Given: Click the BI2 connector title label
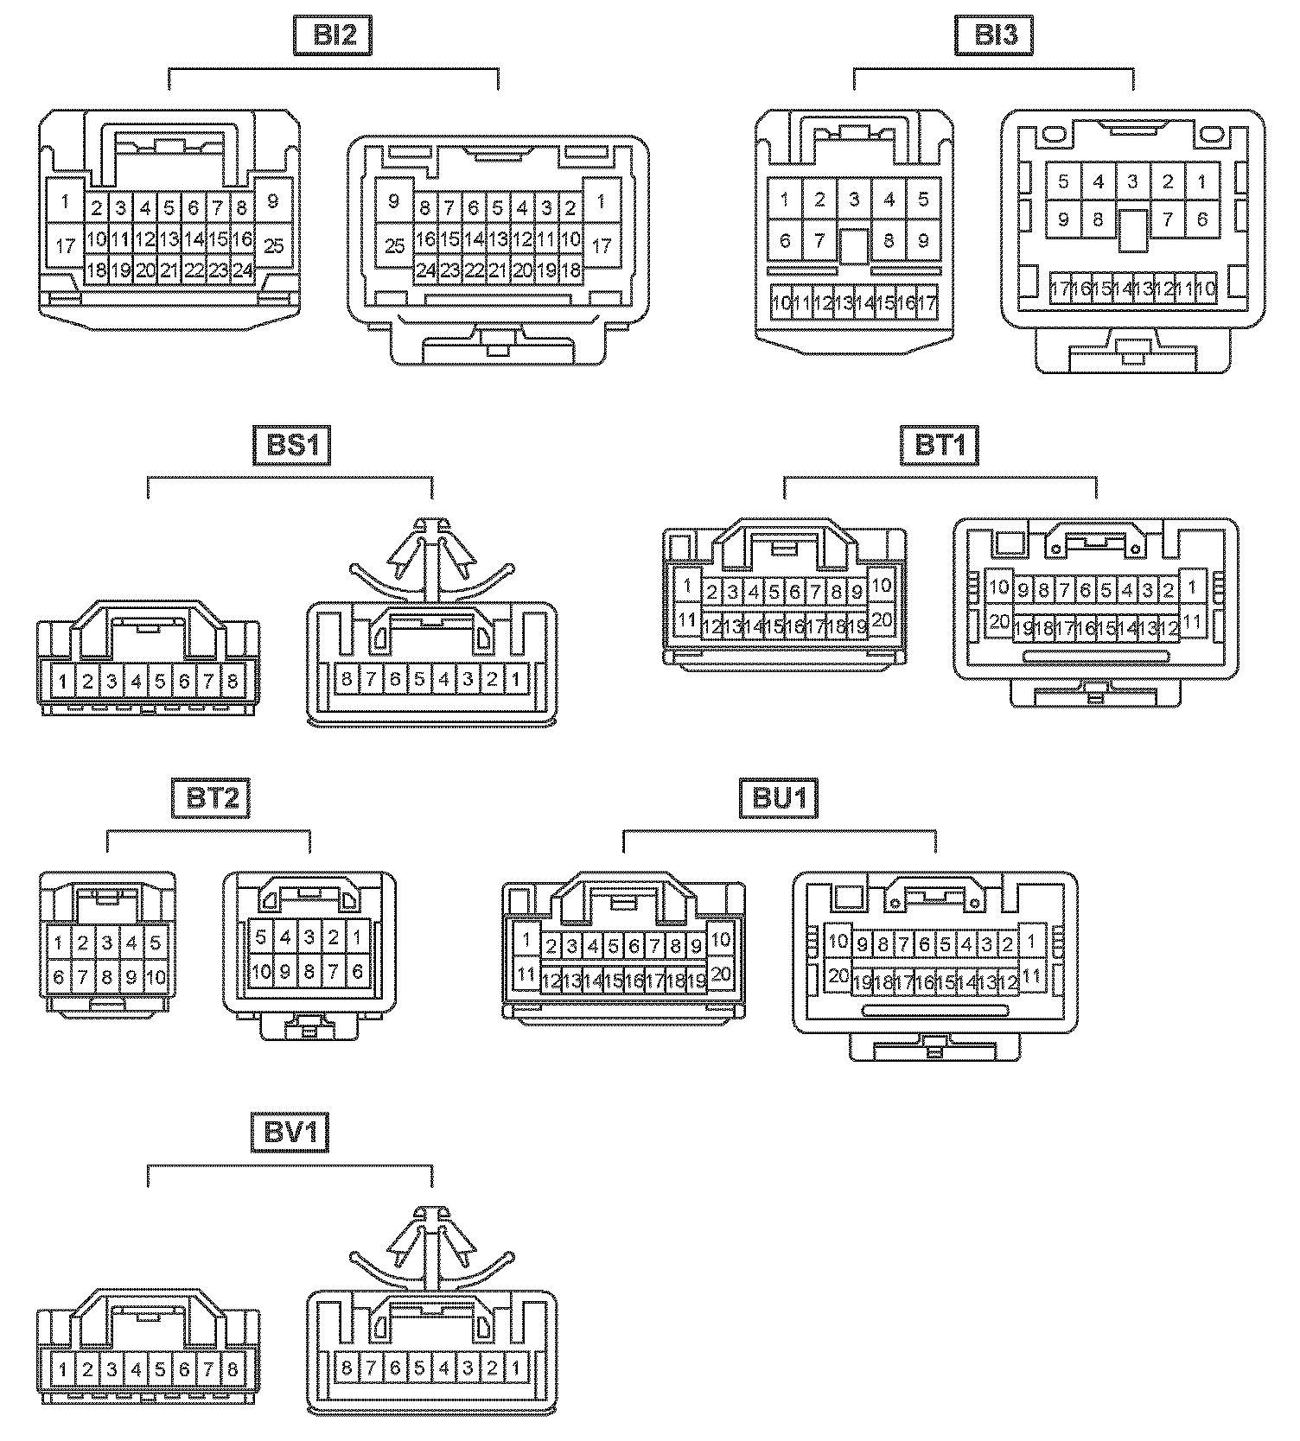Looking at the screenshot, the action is click(335, 35).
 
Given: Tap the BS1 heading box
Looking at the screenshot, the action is click(291, 446).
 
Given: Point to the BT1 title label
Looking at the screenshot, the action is click(940, 446).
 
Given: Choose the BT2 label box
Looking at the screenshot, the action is click(212, 797).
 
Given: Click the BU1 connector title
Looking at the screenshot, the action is click(779, 797).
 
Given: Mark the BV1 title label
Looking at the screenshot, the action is click(290, 1133).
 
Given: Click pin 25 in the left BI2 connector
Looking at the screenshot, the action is click(273, 246).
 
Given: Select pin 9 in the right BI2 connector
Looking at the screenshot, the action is click(394, 201).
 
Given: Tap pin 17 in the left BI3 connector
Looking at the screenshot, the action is click(927, 303).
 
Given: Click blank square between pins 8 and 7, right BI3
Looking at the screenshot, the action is click(1132, 230).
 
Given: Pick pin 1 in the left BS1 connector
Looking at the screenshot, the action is click(63, 682).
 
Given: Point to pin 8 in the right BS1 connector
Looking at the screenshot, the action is click(347, 678).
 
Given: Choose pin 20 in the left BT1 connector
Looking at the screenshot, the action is click(881, 619).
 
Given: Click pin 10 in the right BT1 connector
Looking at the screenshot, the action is click(998, 587).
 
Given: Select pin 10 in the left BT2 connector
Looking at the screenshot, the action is click(156, 978).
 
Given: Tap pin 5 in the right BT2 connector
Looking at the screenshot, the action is click(261, 936).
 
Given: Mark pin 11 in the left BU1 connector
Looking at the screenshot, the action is click(526, 975).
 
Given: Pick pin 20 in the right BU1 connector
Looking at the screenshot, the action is click(838, 976).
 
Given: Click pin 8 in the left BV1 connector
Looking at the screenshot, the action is click(233, 1369).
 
